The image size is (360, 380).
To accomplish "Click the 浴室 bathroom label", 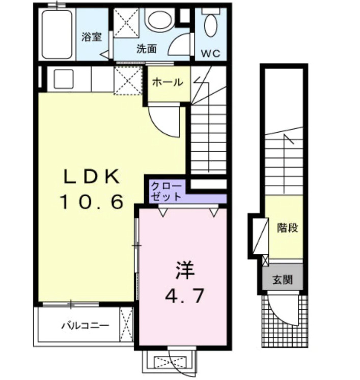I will coord(92,37).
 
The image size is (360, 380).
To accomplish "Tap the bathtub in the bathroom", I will coord(57,33).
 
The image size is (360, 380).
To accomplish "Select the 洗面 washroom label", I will coord(146,49).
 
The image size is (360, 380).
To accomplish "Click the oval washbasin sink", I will coord(159,20).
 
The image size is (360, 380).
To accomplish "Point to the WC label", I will coord(211,53).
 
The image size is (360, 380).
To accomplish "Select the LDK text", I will coord(92,177).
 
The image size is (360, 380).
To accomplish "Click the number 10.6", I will coord(92,203).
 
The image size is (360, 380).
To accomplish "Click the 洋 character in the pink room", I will coord(185,270).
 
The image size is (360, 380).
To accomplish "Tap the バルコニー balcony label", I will coord(85,325).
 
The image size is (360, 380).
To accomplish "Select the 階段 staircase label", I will coord(288,227).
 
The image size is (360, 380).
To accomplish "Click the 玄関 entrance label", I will coord(282,280).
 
